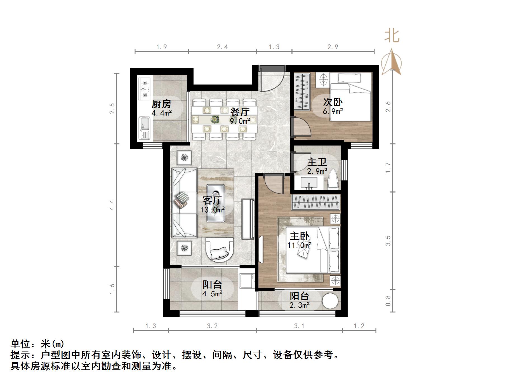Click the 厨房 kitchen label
tap(161, 104)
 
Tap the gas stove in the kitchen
tap(144, 89)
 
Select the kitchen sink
tap(145, 128)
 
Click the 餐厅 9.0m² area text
tap(240, 121)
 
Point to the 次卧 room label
tap(333, 102)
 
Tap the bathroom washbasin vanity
tap(309, 182)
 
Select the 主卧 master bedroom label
tap(300, 236)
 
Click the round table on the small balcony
tap(330, 301)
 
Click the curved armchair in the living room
tap(220, 250)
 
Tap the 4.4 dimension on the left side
tap(112, 205)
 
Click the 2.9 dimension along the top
tap(333, 47)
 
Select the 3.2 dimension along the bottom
tap(212, 326)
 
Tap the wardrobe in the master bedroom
tap(316, 202)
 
